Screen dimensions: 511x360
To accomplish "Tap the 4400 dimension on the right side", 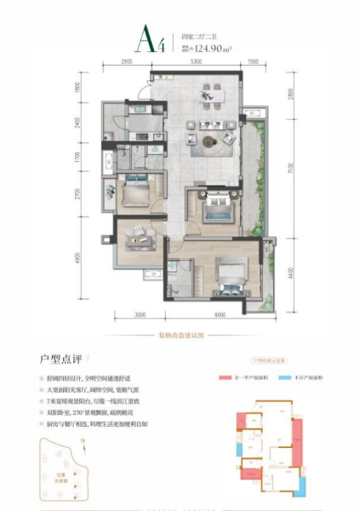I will click(x=289, y=273).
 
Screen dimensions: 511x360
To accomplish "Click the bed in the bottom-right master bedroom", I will click(x=229, y=273).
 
